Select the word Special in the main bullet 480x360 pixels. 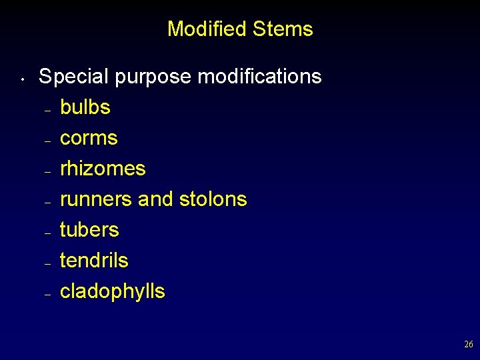pyautogui.click(x=73, y=77)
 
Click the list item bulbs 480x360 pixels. pyautogui.click(x=85, y=107)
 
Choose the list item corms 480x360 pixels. pyautogui.click(x=89, y=138)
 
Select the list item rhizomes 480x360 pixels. pyautogui.click(x=103, y=169)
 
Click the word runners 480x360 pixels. pyautogui.click(x=96, y=199)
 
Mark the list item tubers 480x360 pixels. pyautogui.click(x=89, y=230)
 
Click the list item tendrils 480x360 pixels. pyautogui.click(x=94, y=261)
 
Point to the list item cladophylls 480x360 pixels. pyautogui.click(x=112, y=292)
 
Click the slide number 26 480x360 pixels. pyautogui.click(x=468, y=345)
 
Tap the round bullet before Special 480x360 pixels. pyautogui.click(x=22, y=81)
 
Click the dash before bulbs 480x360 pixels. pyautogui.click(x=47, y=111)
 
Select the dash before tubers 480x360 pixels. pyautogui.click(x=47, y=233)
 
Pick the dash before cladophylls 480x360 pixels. pyautogui.click(x=47, y=295)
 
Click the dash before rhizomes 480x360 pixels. pyautogui.click(x=47, y=172)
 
